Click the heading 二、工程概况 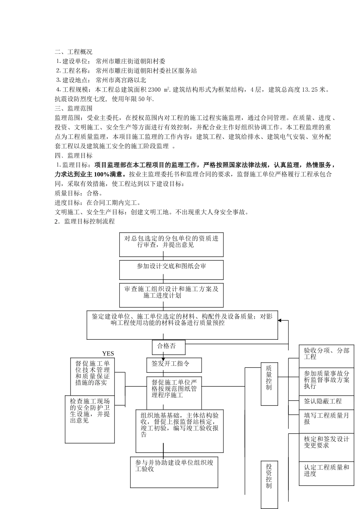[x=74, y=52]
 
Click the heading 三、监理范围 [x=74, y=108]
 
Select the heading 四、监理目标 [x=74, y=156]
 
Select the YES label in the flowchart [x=108, y=354]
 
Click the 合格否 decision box [x=163, y=346]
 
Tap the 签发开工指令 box [x=174, y=365]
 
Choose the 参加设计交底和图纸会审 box [x=171, y=269]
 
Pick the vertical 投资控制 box [x=269, y=484]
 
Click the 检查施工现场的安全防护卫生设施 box [x=90, y=418]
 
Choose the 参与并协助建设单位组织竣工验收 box [x=174, y=472]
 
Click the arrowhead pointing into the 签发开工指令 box [x=163, y=359]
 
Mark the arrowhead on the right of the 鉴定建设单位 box [x=280, y=320]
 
